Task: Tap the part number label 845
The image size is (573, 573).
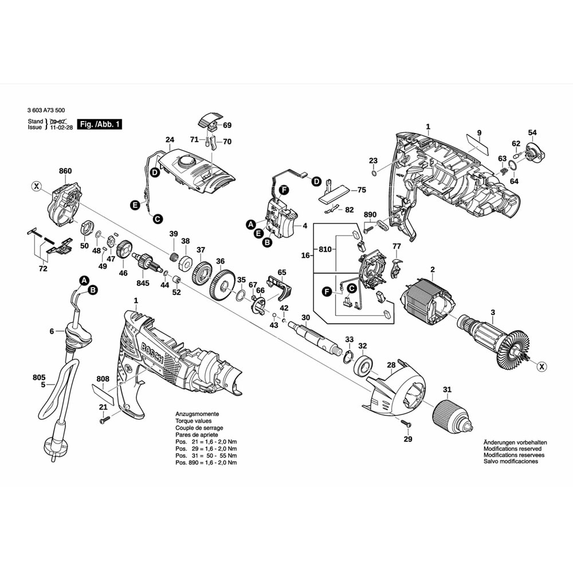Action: (143, 283)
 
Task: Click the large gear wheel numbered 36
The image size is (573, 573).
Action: (221, 284)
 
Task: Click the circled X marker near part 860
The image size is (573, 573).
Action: (37, 186)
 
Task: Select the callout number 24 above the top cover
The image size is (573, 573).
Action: (170, 140)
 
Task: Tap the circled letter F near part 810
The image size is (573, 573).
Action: (327, 292)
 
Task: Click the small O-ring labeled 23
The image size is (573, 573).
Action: (374, 173)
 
